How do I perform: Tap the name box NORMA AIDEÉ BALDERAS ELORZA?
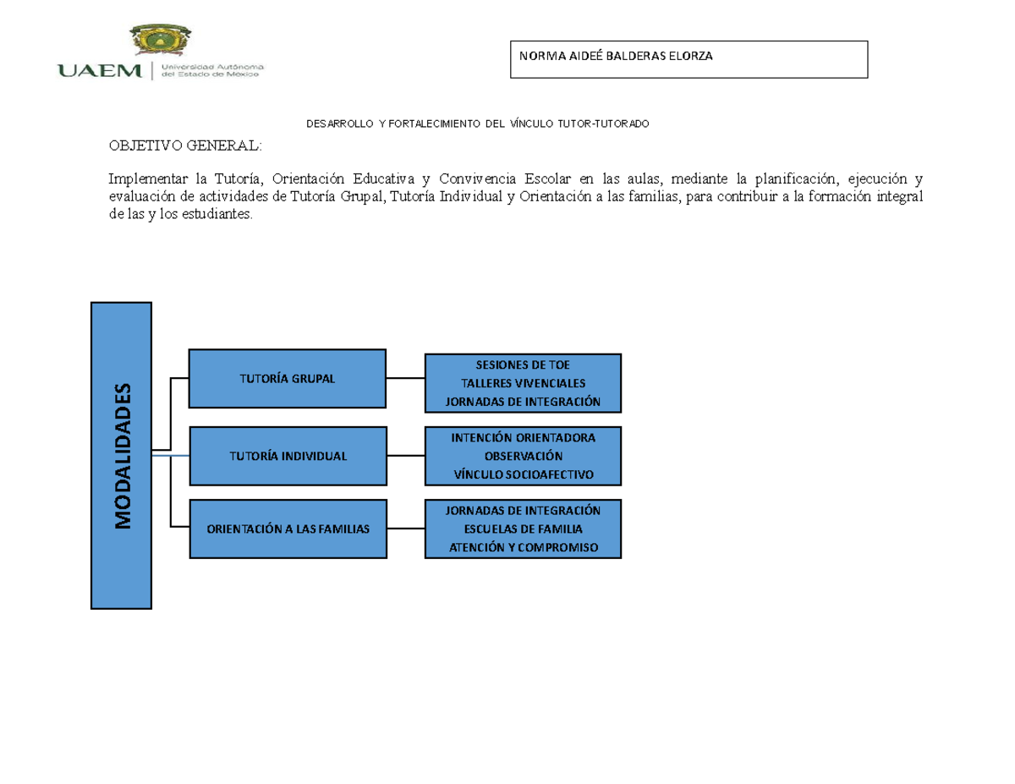click(689, 59)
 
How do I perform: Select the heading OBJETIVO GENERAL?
click(185, 146)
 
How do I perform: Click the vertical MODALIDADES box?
click(122, 455)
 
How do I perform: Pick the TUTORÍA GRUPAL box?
click(288, 378)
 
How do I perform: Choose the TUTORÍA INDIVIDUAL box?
click(288, 456)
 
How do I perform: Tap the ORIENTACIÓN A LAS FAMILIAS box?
click(288, 529)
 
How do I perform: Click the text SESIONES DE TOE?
click(523, 365)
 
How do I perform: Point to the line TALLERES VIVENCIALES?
click(523, 383)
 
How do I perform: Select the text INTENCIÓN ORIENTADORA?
click(523, 438)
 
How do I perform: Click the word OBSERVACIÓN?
click(523, 456)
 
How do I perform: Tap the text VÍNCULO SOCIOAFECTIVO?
click(523, 474)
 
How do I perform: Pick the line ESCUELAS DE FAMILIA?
click(523, 529)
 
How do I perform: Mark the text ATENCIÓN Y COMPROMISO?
click(523, 548)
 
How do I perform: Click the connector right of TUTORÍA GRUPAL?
click(405, 378)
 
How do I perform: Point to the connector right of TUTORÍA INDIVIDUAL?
click(405, 456)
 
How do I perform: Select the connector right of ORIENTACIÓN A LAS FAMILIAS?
click(405, 529)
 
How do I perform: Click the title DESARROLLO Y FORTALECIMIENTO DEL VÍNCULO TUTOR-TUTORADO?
click(477, 124)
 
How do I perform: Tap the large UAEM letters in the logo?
click(100, 71)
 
